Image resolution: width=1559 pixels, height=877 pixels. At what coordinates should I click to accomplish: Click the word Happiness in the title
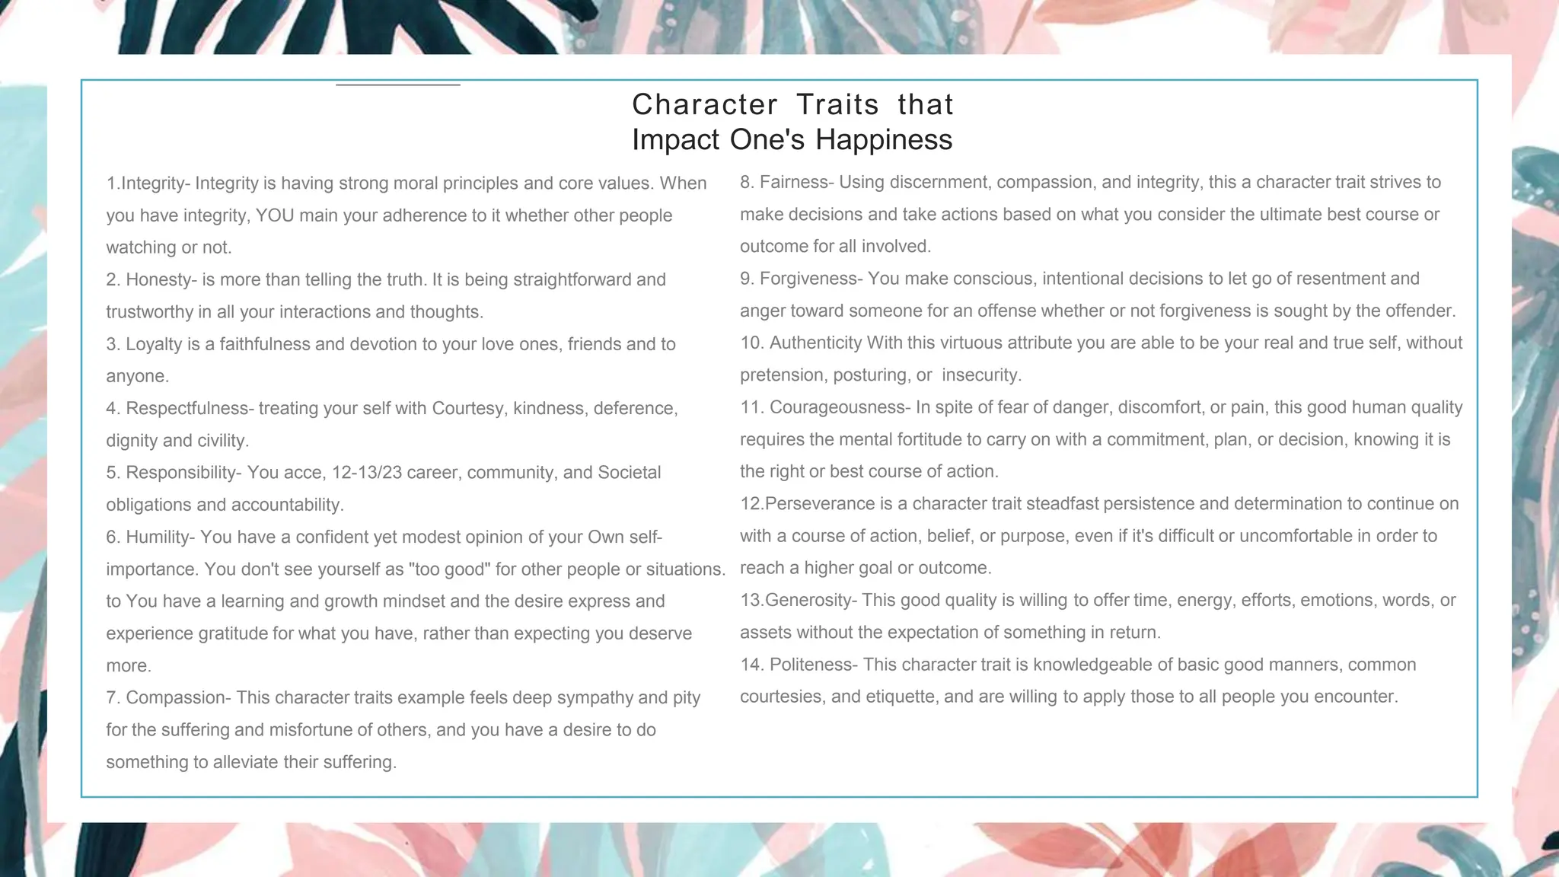(x=884, y=140)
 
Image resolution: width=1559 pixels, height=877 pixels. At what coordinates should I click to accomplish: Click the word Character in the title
(x=705, y=104)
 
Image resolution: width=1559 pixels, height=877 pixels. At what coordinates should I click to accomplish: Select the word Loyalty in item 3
(x=153, y=344)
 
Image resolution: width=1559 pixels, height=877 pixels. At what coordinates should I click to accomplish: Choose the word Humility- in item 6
(x=161, y=537)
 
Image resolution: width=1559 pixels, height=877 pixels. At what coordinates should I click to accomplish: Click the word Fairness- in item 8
(x=797, y=183)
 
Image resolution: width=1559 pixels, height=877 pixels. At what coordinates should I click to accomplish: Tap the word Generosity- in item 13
(x=811, y=600)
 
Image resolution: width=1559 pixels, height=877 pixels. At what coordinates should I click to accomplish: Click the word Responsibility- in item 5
(x=183, y=473)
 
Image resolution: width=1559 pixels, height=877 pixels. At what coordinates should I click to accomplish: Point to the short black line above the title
(x=398, y=85)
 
